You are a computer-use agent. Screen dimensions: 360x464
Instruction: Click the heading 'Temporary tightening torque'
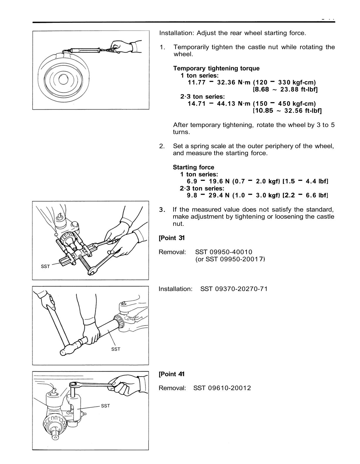click(x=216, y=68)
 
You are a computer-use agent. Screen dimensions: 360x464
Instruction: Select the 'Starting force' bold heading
click(x=193, y=167)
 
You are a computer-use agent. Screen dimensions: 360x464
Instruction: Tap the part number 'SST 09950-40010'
click(x=224, y=252)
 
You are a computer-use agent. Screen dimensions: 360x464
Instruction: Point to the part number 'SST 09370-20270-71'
click(x=234, y=289)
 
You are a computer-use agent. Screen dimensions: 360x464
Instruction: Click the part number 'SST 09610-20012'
click(x=222, y=388)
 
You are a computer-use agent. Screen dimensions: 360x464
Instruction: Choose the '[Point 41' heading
click(x=171, y=374)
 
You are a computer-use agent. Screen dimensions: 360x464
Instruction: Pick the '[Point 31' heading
click(x=171, y=238)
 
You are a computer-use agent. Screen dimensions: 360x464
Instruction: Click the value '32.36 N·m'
click(x=234, y=82)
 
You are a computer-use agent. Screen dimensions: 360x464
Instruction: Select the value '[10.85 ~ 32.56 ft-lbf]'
click(x=287, y=111)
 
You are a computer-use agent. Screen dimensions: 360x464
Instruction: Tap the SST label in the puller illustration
click(x=45, y=266)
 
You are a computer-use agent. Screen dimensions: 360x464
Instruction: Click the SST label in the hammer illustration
click(x=116, y=349)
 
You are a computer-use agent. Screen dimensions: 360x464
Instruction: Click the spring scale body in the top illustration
click(x=85, y=50)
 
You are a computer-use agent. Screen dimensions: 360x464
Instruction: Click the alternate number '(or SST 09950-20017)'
click(x=230, y=259)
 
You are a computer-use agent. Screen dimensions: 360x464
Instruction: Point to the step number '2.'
click(x=162, y=146)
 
